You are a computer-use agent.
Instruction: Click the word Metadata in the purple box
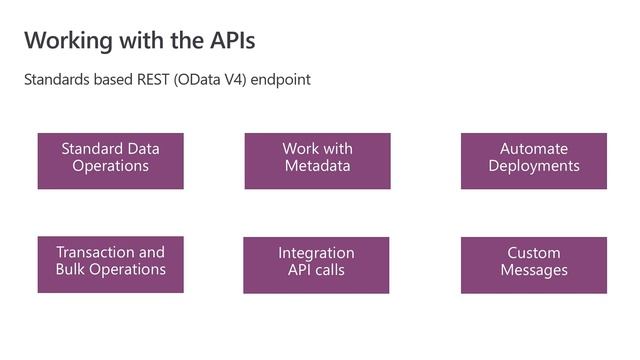point(317,166)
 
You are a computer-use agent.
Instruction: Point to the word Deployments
point(534,166)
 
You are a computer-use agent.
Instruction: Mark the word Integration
point(316,253)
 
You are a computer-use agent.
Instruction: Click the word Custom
point(534,253)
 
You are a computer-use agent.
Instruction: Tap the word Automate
point(534,149)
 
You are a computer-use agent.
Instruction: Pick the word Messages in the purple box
point(534,270)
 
